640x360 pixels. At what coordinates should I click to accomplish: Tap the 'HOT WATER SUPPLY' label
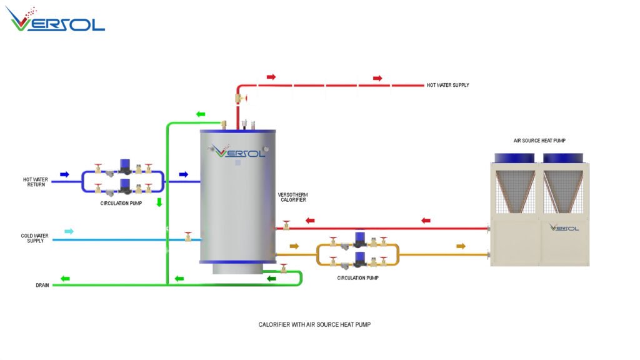pyautogui.click(x=447, y=85)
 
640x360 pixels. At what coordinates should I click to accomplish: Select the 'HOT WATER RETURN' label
pyautogui.click(x=36, y=182)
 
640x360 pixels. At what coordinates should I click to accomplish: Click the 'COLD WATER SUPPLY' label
pyautogui.click(x=36, y=238)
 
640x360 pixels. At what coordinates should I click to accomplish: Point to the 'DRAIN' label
pyautogui.click(x=42, y=285)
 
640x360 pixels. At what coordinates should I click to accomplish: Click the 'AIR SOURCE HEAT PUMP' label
pyautogui.click(x=539, y=141)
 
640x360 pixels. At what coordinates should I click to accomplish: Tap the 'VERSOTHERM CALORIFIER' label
pyautogui.click(x=292, y=197)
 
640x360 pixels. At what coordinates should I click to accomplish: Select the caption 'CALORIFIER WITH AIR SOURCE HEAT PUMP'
pyautogui.click(x=319, y=325)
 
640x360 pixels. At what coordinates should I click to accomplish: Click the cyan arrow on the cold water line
pyautogui.click(x=69, y=231)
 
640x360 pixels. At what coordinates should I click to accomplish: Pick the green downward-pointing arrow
pyautogui.click(x=159, y=202)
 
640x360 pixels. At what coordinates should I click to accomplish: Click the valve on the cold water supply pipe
pyautogui.click(x=187, y=237)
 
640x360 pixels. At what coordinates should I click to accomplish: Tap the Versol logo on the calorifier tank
pyautogui.click(x=237, y=151)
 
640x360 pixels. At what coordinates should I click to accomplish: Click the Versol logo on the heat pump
pyautogui.click(x=564, y=227)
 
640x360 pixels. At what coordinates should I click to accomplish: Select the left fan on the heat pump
pyautogui.click(x=515, y=158)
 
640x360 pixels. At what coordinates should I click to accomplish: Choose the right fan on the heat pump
pyautogui.click(x=562, y=158)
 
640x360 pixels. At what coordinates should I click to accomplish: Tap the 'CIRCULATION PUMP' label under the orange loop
pyautogui.click(x=357, y=277)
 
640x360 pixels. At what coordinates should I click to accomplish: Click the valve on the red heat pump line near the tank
pyautogui.click(x=286, y=225)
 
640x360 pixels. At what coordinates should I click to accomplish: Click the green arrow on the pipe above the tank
pyautogui.click(x=201, y=114)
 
